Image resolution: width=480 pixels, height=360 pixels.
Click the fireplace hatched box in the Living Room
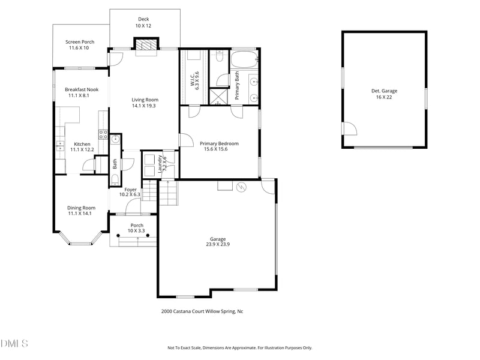coord(146,44)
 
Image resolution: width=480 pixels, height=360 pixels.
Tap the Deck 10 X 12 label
coord(143,23)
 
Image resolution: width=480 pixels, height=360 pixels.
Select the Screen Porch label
coord(80,42)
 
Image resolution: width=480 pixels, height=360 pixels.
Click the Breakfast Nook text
coord(82,89)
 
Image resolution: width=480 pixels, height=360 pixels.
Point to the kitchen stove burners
coord(103,134)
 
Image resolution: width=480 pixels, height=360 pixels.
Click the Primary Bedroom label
coord(219,143)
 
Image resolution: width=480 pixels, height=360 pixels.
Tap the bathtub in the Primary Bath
coord(244,59)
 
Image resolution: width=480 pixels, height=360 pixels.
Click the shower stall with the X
coord(218,97)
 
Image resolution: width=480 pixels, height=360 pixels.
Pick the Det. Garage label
coord(384,91)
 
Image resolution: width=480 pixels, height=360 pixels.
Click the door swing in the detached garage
coord(350,128)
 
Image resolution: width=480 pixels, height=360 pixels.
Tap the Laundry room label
coord(160,164)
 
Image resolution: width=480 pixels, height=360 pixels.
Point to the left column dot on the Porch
coord(118,235)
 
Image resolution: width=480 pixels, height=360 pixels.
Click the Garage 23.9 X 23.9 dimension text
coord(218,244)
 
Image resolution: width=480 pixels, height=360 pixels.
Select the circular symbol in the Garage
coord(242,187)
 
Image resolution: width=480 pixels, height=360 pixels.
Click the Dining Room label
coord(81,208)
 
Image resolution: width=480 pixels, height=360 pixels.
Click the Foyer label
coord(130,190)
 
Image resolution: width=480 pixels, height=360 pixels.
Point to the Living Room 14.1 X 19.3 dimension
coord(144,106)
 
